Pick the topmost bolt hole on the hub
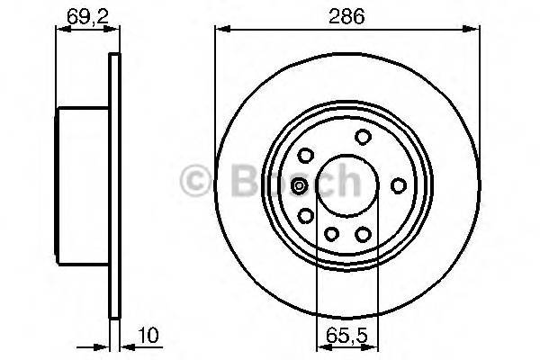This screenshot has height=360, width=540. [363, 137]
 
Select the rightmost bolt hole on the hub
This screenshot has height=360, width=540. [398, 185]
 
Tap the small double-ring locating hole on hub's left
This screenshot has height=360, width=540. [300, 186]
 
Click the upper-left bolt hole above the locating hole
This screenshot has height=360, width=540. [306, 156]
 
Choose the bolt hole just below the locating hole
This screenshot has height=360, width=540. [306, 216]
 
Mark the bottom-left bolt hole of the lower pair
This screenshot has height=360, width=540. [330, 235]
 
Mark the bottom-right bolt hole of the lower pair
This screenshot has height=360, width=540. [364, 235]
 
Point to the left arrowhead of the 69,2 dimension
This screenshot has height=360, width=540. [63, 31]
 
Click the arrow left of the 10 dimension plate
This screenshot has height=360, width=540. [102, 344]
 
